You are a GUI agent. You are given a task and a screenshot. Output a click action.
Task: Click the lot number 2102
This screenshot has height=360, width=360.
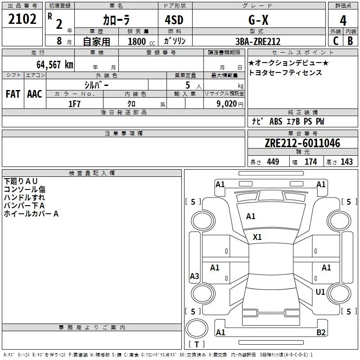tap(22, 19)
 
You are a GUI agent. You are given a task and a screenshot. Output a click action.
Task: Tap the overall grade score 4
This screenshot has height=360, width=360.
tap(343, 21)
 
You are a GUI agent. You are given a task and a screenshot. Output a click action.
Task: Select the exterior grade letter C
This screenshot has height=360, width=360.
tap(336, 41)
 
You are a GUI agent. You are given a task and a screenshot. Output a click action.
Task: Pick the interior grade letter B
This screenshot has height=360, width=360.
tap(350, 41)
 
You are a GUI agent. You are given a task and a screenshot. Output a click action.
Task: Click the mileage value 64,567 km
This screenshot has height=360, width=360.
tap(55, 64)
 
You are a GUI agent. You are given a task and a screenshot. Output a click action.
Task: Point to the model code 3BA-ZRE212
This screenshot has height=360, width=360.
tap(258, 41)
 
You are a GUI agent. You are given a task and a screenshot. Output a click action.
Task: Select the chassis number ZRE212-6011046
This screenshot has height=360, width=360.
tap(302, 143)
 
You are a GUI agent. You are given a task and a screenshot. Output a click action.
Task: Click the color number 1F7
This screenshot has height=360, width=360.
tap(74, 104)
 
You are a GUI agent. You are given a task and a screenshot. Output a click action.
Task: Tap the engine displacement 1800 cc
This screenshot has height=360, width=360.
tap(141, 41)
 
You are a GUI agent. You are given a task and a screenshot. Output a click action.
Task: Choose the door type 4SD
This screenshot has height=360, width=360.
tap(174, 20)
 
